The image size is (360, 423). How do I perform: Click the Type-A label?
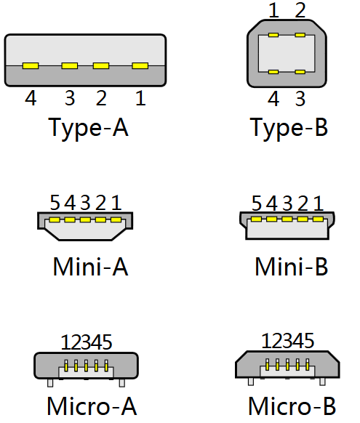[x=88, y=128]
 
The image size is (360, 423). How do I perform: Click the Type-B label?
[x=289, y=128]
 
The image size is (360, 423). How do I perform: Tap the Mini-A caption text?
[x=90, y=266]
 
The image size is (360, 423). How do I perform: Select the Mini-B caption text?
[x=292, y=266]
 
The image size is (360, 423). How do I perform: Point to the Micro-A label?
[x=92, y=406]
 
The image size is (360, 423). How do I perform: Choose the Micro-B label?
[x=292, y=406]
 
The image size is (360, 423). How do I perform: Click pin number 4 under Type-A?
[x=31, y=98]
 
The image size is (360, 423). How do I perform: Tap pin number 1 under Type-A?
[x=140, y=98]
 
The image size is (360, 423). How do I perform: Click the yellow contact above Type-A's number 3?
[x=70, y=65]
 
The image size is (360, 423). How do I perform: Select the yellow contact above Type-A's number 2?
[x=101, y=65]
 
